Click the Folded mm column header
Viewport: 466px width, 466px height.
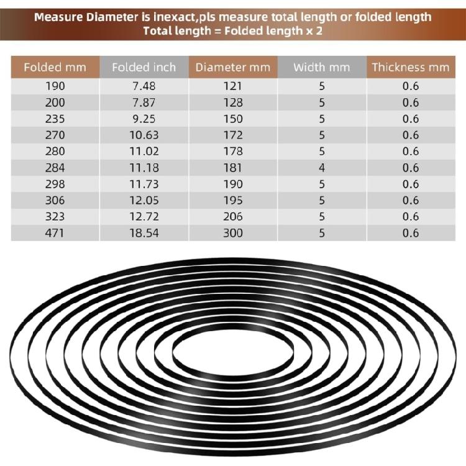(55, 67)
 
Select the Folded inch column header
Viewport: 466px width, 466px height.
(144, 67)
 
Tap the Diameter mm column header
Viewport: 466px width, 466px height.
(232, 67)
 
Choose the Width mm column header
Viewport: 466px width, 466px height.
(321, 67)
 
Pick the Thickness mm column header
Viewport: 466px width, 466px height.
(410, 67)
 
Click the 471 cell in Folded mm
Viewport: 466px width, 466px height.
(55, 233)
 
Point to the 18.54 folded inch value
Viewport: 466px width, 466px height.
(144, 233)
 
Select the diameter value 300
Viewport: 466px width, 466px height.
(232, 233)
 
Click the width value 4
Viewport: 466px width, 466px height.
(321, 168)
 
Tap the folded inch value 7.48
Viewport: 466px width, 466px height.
(144, 86)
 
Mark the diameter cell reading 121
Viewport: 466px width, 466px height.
(232, 86)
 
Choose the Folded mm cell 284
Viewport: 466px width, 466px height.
(55, 168)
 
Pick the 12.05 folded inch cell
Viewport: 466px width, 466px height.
(144, 200)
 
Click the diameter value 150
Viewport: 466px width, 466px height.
(232, 119)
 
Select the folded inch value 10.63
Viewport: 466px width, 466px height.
(144, 135)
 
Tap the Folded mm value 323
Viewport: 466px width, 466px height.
(55, 216)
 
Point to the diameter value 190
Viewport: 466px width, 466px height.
(232, 184)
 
